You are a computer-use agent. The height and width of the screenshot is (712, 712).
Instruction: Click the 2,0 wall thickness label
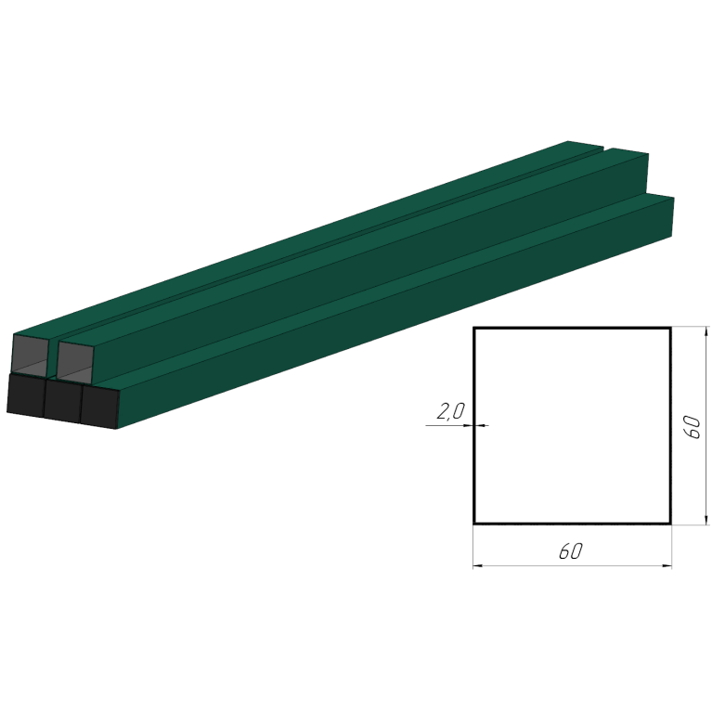tap(451, 411)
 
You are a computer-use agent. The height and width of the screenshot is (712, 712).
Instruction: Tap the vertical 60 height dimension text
tap(692, 427)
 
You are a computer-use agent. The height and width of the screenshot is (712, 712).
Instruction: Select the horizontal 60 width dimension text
tap(571, 551)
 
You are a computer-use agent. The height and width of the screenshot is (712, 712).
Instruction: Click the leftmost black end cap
tap(26, 395)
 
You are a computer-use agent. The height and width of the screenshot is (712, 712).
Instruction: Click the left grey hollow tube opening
tap(30, 356)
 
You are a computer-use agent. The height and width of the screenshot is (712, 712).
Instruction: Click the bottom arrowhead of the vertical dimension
tap(706, 519)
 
